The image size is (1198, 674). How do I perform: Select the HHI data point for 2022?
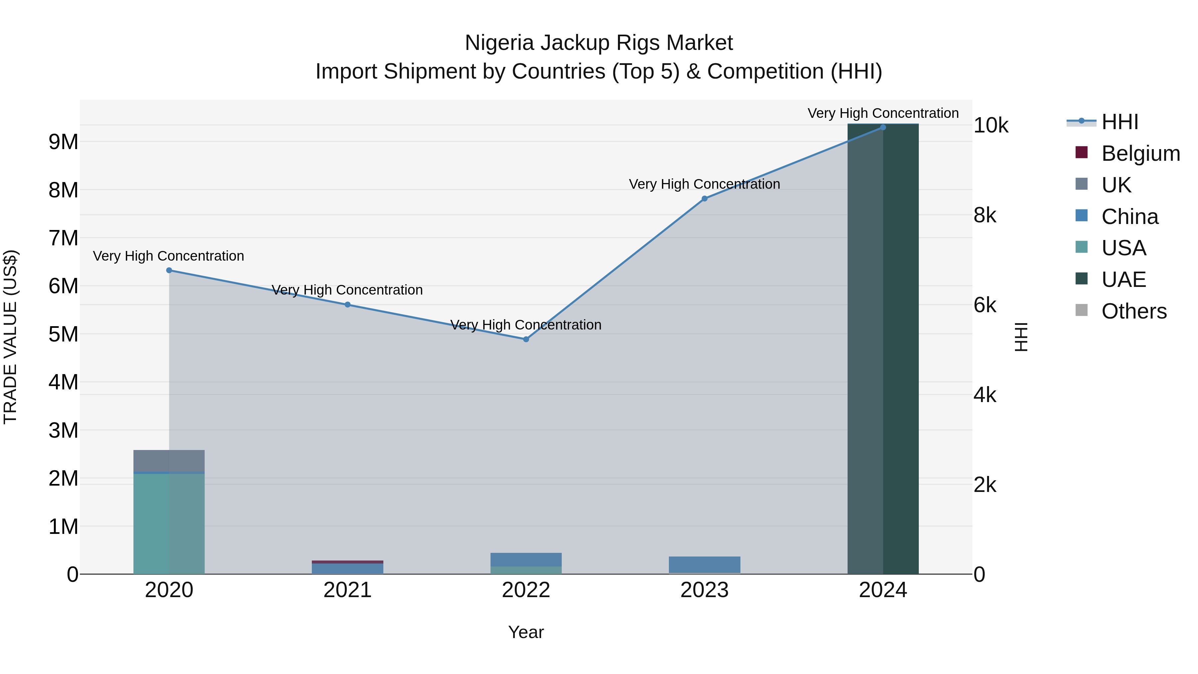click(526, 339)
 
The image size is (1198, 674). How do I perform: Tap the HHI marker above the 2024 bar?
click(883, 127)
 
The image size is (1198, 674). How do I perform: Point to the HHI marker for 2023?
click(704, 199)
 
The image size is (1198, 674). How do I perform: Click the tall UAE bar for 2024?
click(883, 349)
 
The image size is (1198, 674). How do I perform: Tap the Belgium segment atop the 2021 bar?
click(347, 562)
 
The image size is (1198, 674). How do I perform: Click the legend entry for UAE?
click(1123, 280)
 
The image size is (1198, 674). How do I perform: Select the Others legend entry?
click(1133, 311)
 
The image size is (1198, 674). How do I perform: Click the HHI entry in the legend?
click(1119, 122)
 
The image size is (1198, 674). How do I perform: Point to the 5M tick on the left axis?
click(63, 334)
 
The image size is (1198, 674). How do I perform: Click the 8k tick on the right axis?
click(985, 215)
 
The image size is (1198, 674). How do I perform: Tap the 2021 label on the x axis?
click(347, 590)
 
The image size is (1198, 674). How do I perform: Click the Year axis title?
click(526, 632)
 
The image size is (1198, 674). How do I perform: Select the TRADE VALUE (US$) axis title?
click(10, 337)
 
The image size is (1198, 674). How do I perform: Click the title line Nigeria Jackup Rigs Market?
click(599, 43)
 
